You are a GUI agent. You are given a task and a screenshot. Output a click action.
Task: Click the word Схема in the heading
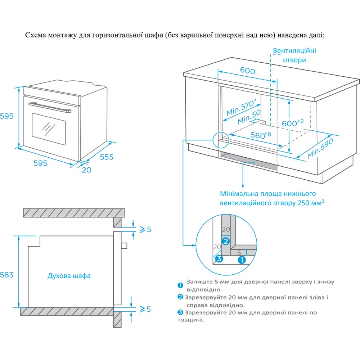(36, 35)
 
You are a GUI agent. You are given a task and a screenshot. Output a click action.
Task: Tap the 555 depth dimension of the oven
(107, 157)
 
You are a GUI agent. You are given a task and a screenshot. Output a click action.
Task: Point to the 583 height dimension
(6, 275)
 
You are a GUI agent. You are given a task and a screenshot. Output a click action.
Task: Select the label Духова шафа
(69, 276)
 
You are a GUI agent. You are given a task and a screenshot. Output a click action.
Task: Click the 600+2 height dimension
(293, 123)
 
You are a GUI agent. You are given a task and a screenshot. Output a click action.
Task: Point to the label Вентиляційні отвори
(294, 55)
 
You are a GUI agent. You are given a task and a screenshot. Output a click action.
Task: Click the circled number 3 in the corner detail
(219, 259)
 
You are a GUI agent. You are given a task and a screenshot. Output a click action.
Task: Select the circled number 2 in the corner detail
(226, 241)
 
